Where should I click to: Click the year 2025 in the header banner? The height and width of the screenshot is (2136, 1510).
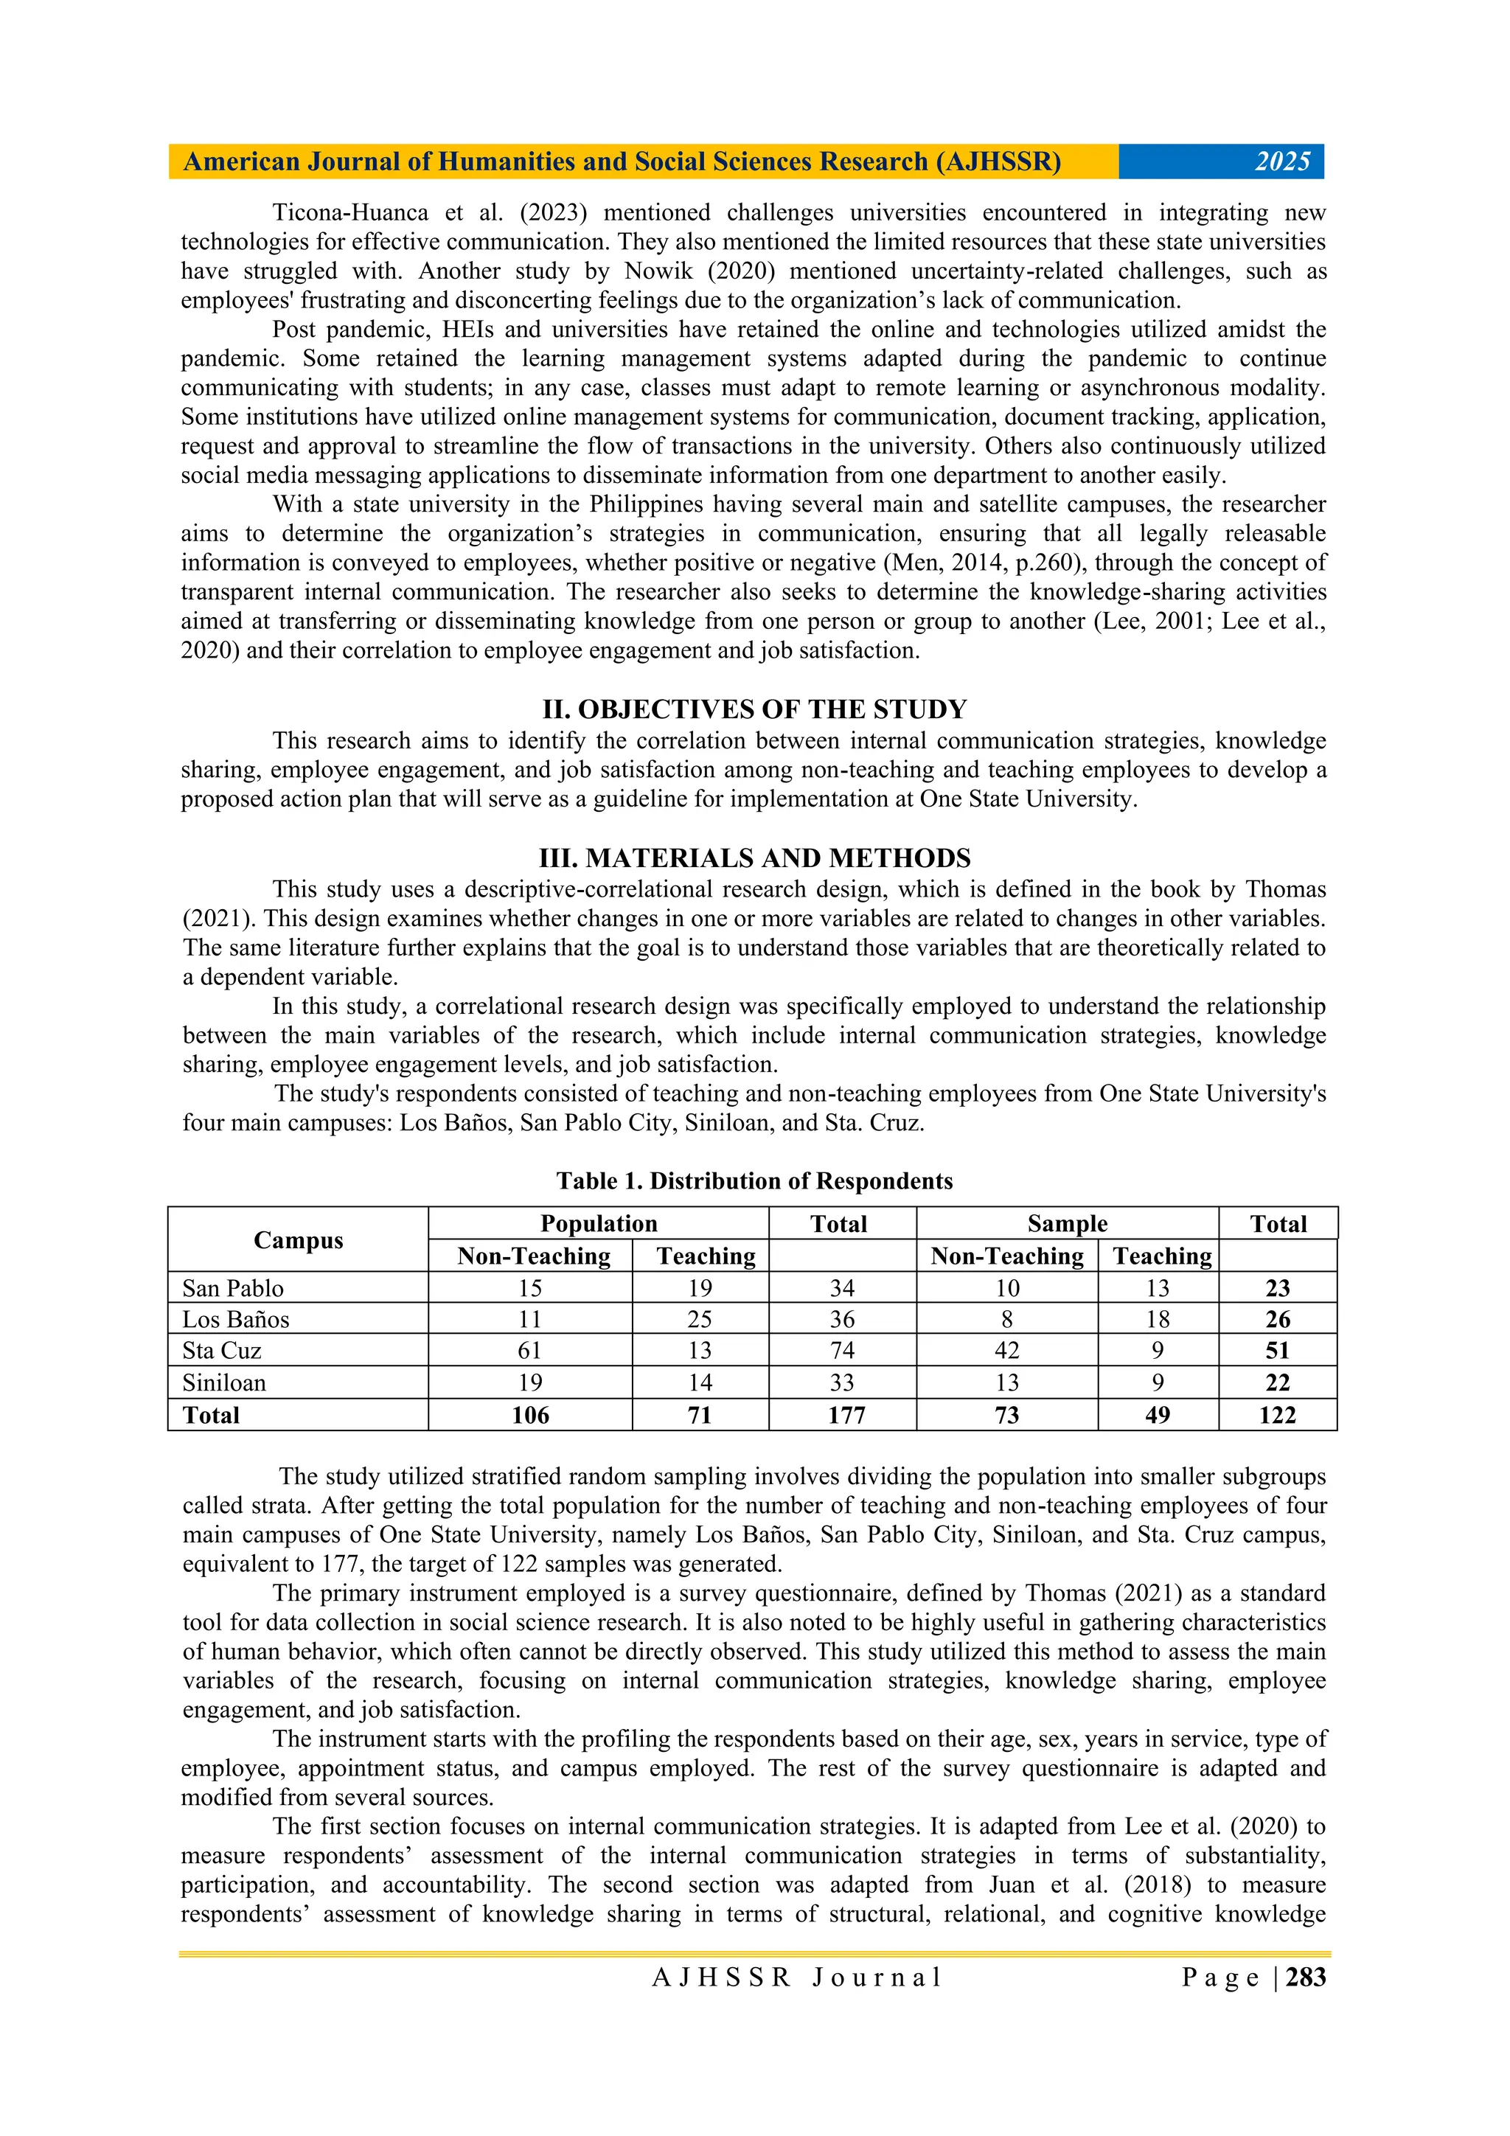[x=1282, y=162]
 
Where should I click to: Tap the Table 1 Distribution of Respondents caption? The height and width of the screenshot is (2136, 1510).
[x=754, y=1180]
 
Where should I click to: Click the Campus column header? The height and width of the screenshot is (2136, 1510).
[x=298, y=1240]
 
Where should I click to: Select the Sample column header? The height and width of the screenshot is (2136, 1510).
[x=1067, y=1223]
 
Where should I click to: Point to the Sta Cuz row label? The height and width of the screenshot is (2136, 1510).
[x=221, y=1350]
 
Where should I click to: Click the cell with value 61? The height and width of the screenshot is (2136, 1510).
[x=529, y=1350]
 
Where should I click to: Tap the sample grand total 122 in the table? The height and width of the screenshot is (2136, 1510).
[x=1278, y=1415]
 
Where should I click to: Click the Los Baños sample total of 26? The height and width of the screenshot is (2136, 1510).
[x=1278, y=1319]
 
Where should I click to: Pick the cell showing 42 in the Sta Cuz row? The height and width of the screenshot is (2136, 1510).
[x=1006, y=1350]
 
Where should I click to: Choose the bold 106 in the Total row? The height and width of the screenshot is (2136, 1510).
[x=529, y=1415]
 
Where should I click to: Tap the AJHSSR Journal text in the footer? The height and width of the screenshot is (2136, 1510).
[x=797, y=1977]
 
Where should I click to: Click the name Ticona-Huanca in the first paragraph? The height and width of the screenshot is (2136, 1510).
[x=349, y=213]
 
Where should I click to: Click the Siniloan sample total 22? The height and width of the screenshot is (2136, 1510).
[x=1278, y=1382]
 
